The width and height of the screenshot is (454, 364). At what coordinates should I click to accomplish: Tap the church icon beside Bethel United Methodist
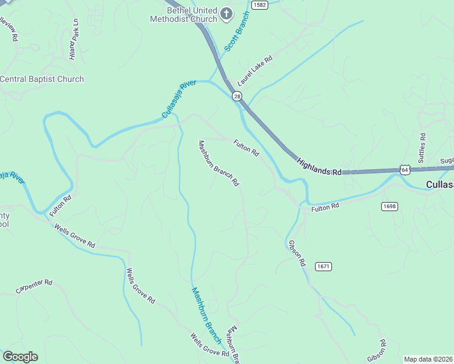(226, 13)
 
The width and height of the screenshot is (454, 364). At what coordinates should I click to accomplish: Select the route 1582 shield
(259, 4)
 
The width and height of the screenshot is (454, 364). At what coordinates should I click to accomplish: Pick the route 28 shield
(237, 96)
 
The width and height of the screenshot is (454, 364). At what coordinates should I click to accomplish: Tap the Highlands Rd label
(319, 167)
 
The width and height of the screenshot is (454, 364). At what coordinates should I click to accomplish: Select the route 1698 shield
(390, 206)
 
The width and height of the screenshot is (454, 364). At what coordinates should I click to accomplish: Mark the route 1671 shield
(324, 266)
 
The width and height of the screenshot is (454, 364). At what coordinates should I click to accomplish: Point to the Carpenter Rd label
(35, 287)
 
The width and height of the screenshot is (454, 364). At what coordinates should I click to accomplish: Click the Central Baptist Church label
(41, 79)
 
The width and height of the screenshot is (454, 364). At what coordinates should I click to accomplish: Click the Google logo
(20, 357)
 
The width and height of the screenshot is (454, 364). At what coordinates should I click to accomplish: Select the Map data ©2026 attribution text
(428, 359)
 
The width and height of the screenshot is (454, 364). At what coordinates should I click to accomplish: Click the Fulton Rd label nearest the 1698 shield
(325, 207)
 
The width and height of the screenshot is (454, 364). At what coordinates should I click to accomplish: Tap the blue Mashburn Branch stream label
(206, 316)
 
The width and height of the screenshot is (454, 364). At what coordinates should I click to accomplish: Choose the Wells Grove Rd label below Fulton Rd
(75, 237)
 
